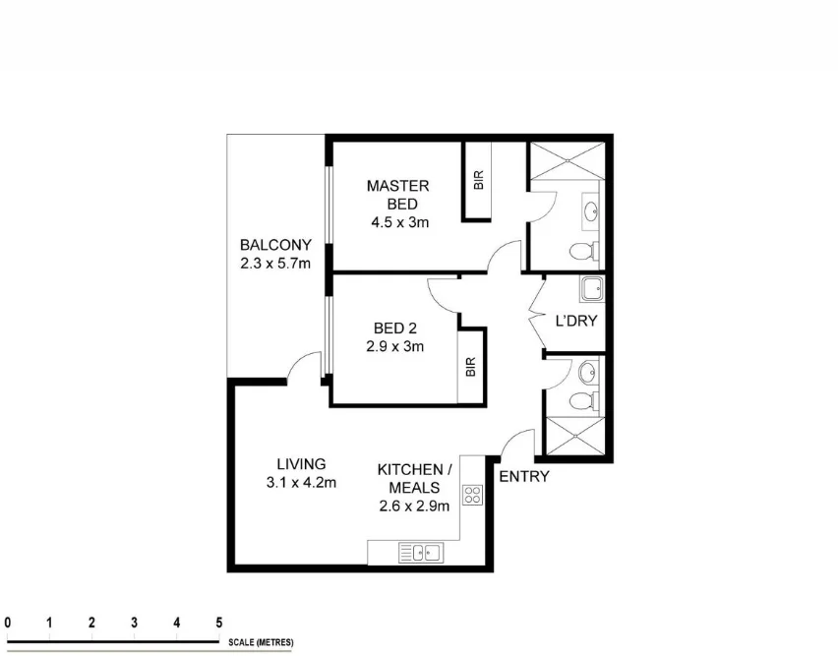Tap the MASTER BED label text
[397, 195]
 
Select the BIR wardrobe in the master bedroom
[478, 181]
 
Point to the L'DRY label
[576, 321]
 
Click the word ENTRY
[524, 477]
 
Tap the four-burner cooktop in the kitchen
[472, 495]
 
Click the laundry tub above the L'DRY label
[590, 289]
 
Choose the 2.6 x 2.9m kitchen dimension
[414, 507]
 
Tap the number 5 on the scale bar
[219, 623]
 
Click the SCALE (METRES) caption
[261, 642]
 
